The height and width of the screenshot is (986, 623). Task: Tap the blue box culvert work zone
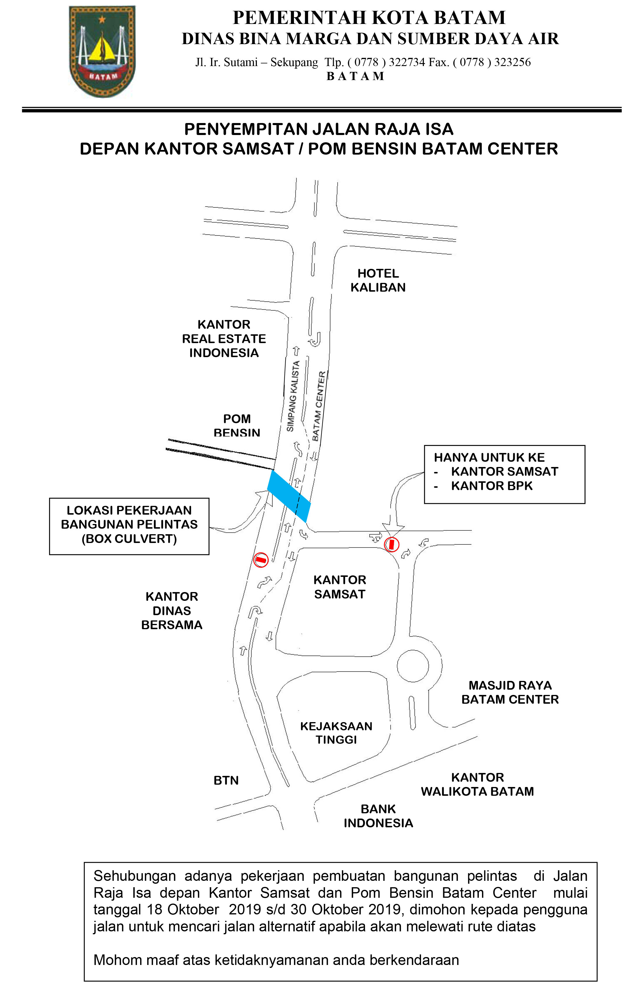tap(289, 496)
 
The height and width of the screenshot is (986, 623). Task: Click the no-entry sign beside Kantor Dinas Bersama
tap(261, 559)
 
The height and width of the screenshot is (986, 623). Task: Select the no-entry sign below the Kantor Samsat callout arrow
tap(391, 544)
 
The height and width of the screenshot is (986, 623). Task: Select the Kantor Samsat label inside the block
tap(340, 587)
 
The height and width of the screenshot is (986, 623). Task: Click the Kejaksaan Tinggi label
tap(336, 733)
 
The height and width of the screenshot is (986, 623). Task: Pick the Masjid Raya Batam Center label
tap(510, 692)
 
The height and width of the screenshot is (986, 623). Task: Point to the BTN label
tap(226, 781)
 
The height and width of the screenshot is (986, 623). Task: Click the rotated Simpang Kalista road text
tap(293, 396)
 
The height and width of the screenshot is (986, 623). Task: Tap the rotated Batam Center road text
tap(319, 406)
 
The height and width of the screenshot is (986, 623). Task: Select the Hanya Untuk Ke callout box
tap(504, 474)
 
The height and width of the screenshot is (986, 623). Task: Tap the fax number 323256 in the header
tap(513, 62)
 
